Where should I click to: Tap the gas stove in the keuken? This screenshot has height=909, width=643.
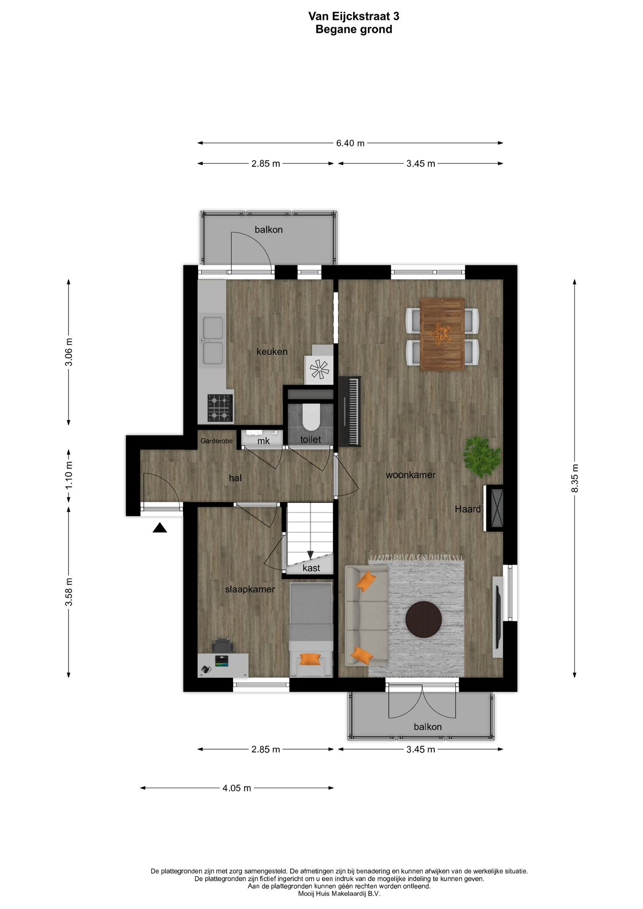click(220, 408)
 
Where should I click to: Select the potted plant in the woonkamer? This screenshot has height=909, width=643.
click(482, 457)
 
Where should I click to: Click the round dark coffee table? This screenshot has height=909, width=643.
click(424, 619)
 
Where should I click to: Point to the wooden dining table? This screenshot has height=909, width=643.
click(442, 334)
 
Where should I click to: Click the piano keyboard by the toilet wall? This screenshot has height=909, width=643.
click(350, 411)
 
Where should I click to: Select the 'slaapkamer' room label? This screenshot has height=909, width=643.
click(250, 589)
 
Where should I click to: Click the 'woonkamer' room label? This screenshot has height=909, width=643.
click(411, 475)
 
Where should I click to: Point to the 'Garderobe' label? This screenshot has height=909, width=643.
click(217, 441)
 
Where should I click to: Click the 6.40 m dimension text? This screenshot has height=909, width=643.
click(350, 143)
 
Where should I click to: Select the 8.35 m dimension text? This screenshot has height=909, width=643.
click(575, 478)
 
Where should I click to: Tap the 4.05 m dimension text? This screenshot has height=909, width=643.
click(237, 788)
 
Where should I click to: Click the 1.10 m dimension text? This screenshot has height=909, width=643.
click(69, 475)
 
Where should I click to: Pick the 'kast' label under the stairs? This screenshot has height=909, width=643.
click(311, 568)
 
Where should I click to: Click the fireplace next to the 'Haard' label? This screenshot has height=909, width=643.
click(495, 508)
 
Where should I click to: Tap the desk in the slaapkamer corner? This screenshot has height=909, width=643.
click(223, 664)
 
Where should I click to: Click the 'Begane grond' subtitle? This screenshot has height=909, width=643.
click(354, 30)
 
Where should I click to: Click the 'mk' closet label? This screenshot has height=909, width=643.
click(264, 441)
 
